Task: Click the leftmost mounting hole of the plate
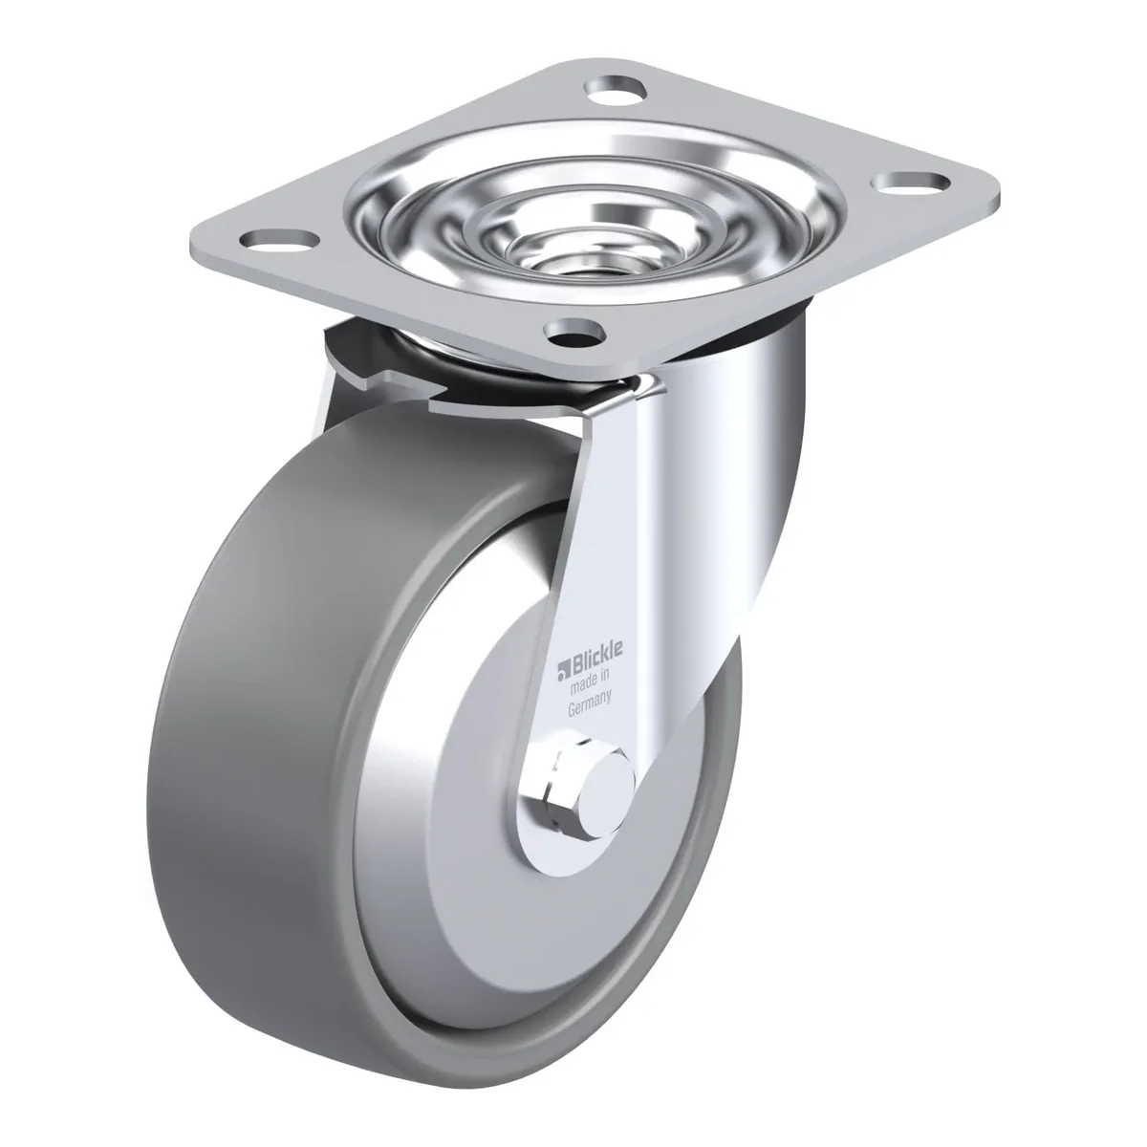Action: pyautogui.click(x=278, y=239)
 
